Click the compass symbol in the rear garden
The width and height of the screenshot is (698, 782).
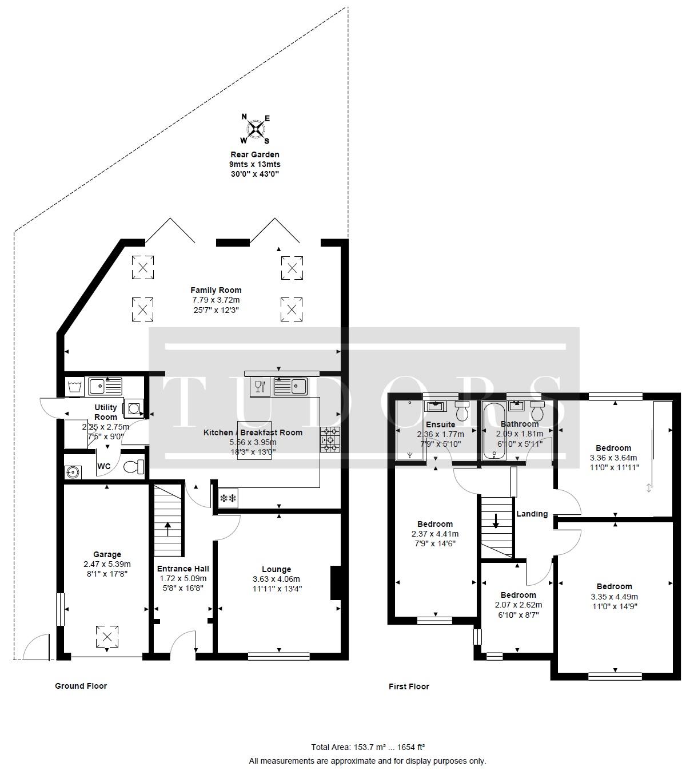coord(255,129)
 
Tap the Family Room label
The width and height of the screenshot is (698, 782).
coord(216,290)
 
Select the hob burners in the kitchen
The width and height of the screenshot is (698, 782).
coord(330,439)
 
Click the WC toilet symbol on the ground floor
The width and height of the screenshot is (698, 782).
coord(134,467)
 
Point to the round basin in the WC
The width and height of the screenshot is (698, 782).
coord(72,472)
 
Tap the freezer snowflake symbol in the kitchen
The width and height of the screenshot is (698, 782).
coord(228,498)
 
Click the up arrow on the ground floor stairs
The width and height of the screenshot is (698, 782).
coord(168,529)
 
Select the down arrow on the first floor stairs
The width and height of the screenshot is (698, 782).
coord(496,521)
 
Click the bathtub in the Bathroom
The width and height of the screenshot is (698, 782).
coord(493,430)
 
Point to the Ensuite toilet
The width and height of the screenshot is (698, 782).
coord(462,411)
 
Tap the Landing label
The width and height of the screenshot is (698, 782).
coord(532,514)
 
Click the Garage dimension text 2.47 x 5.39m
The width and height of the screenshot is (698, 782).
coord(107,564)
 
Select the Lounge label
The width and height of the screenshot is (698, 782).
coord(276,569)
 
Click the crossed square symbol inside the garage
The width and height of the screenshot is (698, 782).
coord(107,637)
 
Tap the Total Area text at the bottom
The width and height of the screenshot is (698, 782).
coord(368,747)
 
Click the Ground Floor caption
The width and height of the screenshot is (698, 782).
coord(81,685)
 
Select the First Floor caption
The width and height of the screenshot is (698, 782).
coord(409,686)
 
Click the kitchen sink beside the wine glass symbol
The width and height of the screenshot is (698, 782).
coord(290,386)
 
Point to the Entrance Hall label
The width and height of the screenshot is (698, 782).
coord(183,569)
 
